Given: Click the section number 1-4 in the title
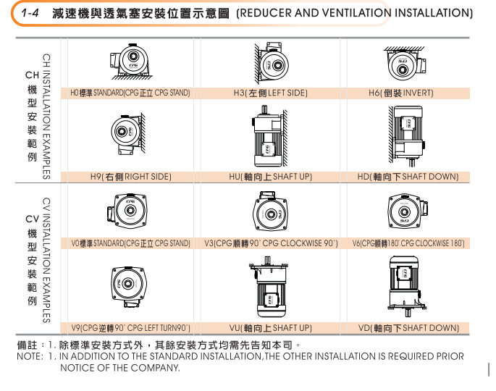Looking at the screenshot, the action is [x=30, y=13].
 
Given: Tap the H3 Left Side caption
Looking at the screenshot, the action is [x=271, y=93].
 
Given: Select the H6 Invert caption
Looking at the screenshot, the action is [x=401, y=93].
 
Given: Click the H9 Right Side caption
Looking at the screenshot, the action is [x=131, y=177].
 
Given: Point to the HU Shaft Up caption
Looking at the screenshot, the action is [x=271, y=177].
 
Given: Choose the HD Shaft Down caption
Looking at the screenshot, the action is [x=408, y=177].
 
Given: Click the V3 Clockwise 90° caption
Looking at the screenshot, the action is [x=271, y=243].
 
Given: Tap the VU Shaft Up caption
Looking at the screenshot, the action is [x=271, y=328].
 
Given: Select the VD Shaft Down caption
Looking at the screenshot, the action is [x=408, y=328].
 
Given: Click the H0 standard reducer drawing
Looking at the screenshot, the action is [x=131, y=62].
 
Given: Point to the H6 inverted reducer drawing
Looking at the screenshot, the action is [x=405, y=63].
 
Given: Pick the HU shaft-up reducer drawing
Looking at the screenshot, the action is [x=270, y=137].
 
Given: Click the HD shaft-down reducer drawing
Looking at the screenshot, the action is [x=407, y=135].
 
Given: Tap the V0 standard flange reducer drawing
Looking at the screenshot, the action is [x=127, y=211].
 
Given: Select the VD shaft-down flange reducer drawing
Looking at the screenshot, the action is [x=407, y=286].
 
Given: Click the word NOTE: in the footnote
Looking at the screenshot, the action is [x=30, y=356].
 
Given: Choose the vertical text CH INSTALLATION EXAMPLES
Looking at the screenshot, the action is [x=46, y=117].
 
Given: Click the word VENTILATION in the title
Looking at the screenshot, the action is [x=357, y=13].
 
